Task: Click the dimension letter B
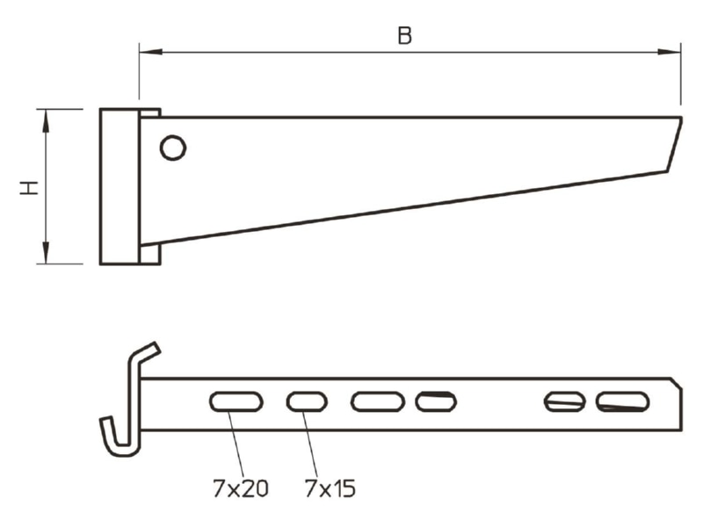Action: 404,35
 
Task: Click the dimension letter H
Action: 29,188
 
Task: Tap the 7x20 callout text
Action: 240,488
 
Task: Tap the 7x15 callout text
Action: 330,488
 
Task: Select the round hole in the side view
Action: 173,148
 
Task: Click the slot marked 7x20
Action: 236,401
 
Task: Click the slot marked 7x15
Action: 307,401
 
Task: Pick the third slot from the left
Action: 378,401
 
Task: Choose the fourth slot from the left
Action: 436,401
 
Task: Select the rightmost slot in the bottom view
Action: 622,401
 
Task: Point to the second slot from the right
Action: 564,401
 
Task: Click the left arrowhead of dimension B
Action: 150,53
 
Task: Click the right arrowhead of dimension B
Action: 669,53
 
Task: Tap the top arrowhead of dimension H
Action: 46,121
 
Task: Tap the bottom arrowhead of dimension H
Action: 46,252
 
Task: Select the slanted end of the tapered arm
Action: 675,144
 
